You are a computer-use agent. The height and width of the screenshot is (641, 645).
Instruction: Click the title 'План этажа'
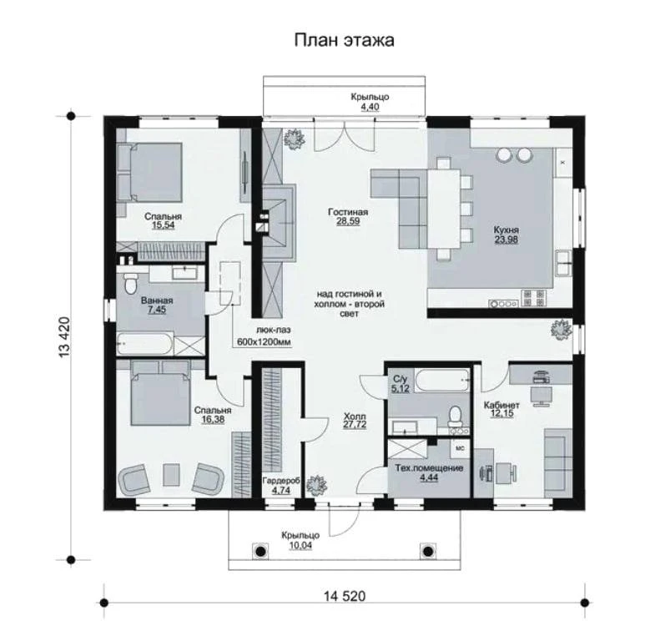345,40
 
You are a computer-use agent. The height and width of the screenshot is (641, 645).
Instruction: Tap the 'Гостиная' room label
348,212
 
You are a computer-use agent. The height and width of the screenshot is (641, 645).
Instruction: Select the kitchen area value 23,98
506,240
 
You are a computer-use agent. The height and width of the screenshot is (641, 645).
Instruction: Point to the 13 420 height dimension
64,337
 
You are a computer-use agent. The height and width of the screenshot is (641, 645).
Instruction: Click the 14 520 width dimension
345,596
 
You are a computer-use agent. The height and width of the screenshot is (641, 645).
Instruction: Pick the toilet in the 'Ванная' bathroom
130,282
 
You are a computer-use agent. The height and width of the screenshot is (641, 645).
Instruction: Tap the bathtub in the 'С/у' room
441,380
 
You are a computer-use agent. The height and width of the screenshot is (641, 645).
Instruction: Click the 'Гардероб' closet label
281,480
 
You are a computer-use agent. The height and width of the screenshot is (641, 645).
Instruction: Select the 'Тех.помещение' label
429,467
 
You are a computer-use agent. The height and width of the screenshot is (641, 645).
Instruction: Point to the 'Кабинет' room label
501,405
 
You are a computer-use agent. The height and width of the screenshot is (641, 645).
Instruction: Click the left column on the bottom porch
260,551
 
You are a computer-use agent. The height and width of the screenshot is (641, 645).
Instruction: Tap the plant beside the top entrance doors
294,139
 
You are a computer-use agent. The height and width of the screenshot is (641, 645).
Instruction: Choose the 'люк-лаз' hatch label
274,330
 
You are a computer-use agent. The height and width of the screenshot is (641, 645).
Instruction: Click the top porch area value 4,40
370,107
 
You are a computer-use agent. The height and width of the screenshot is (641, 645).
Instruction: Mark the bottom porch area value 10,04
300,545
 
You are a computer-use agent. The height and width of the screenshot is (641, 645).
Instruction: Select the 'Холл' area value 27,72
355,425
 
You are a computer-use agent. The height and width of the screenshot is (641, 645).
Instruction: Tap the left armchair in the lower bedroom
133,478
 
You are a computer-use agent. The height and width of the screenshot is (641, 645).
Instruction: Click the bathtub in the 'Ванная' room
144,345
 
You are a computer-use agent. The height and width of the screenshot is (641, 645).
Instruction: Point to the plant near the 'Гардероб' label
316,486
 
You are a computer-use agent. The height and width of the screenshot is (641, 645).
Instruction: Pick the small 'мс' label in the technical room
461,448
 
